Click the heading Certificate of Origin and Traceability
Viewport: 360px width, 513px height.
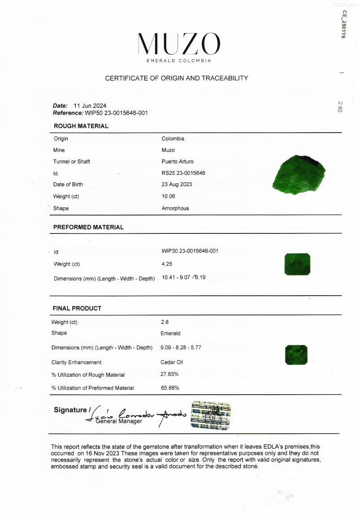[176, 78]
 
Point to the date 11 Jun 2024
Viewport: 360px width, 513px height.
[90, 106]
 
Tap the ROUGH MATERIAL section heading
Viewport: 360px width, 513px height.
[81, 126]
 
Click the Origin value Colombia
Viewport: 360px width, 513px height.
[173, 138]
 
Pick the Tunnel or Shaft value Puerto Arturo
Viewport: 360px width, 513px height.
[178, 161]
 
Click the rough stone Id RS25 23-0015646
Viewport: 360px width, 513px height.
[183, 173]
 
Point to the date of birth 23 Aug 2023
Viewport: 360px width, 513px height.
[177, 184]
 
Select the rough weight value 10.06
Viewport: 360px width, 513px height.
[169, 196]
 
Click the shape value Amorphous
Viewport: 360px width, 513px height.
[175, 208]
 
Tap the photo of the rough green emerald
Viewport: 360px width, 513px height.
[299, 174]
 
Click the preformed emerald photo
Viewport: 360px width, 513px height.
[298, 264]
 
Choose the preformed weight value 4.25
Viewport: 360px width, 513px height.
[167, 264]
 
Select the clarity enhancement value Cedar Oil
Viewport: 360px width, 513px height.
[172, 362]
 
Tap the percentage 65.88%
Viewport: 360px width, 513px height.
[170, 388]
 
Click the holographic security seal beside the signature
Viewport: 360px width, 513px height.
[211, 415]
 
